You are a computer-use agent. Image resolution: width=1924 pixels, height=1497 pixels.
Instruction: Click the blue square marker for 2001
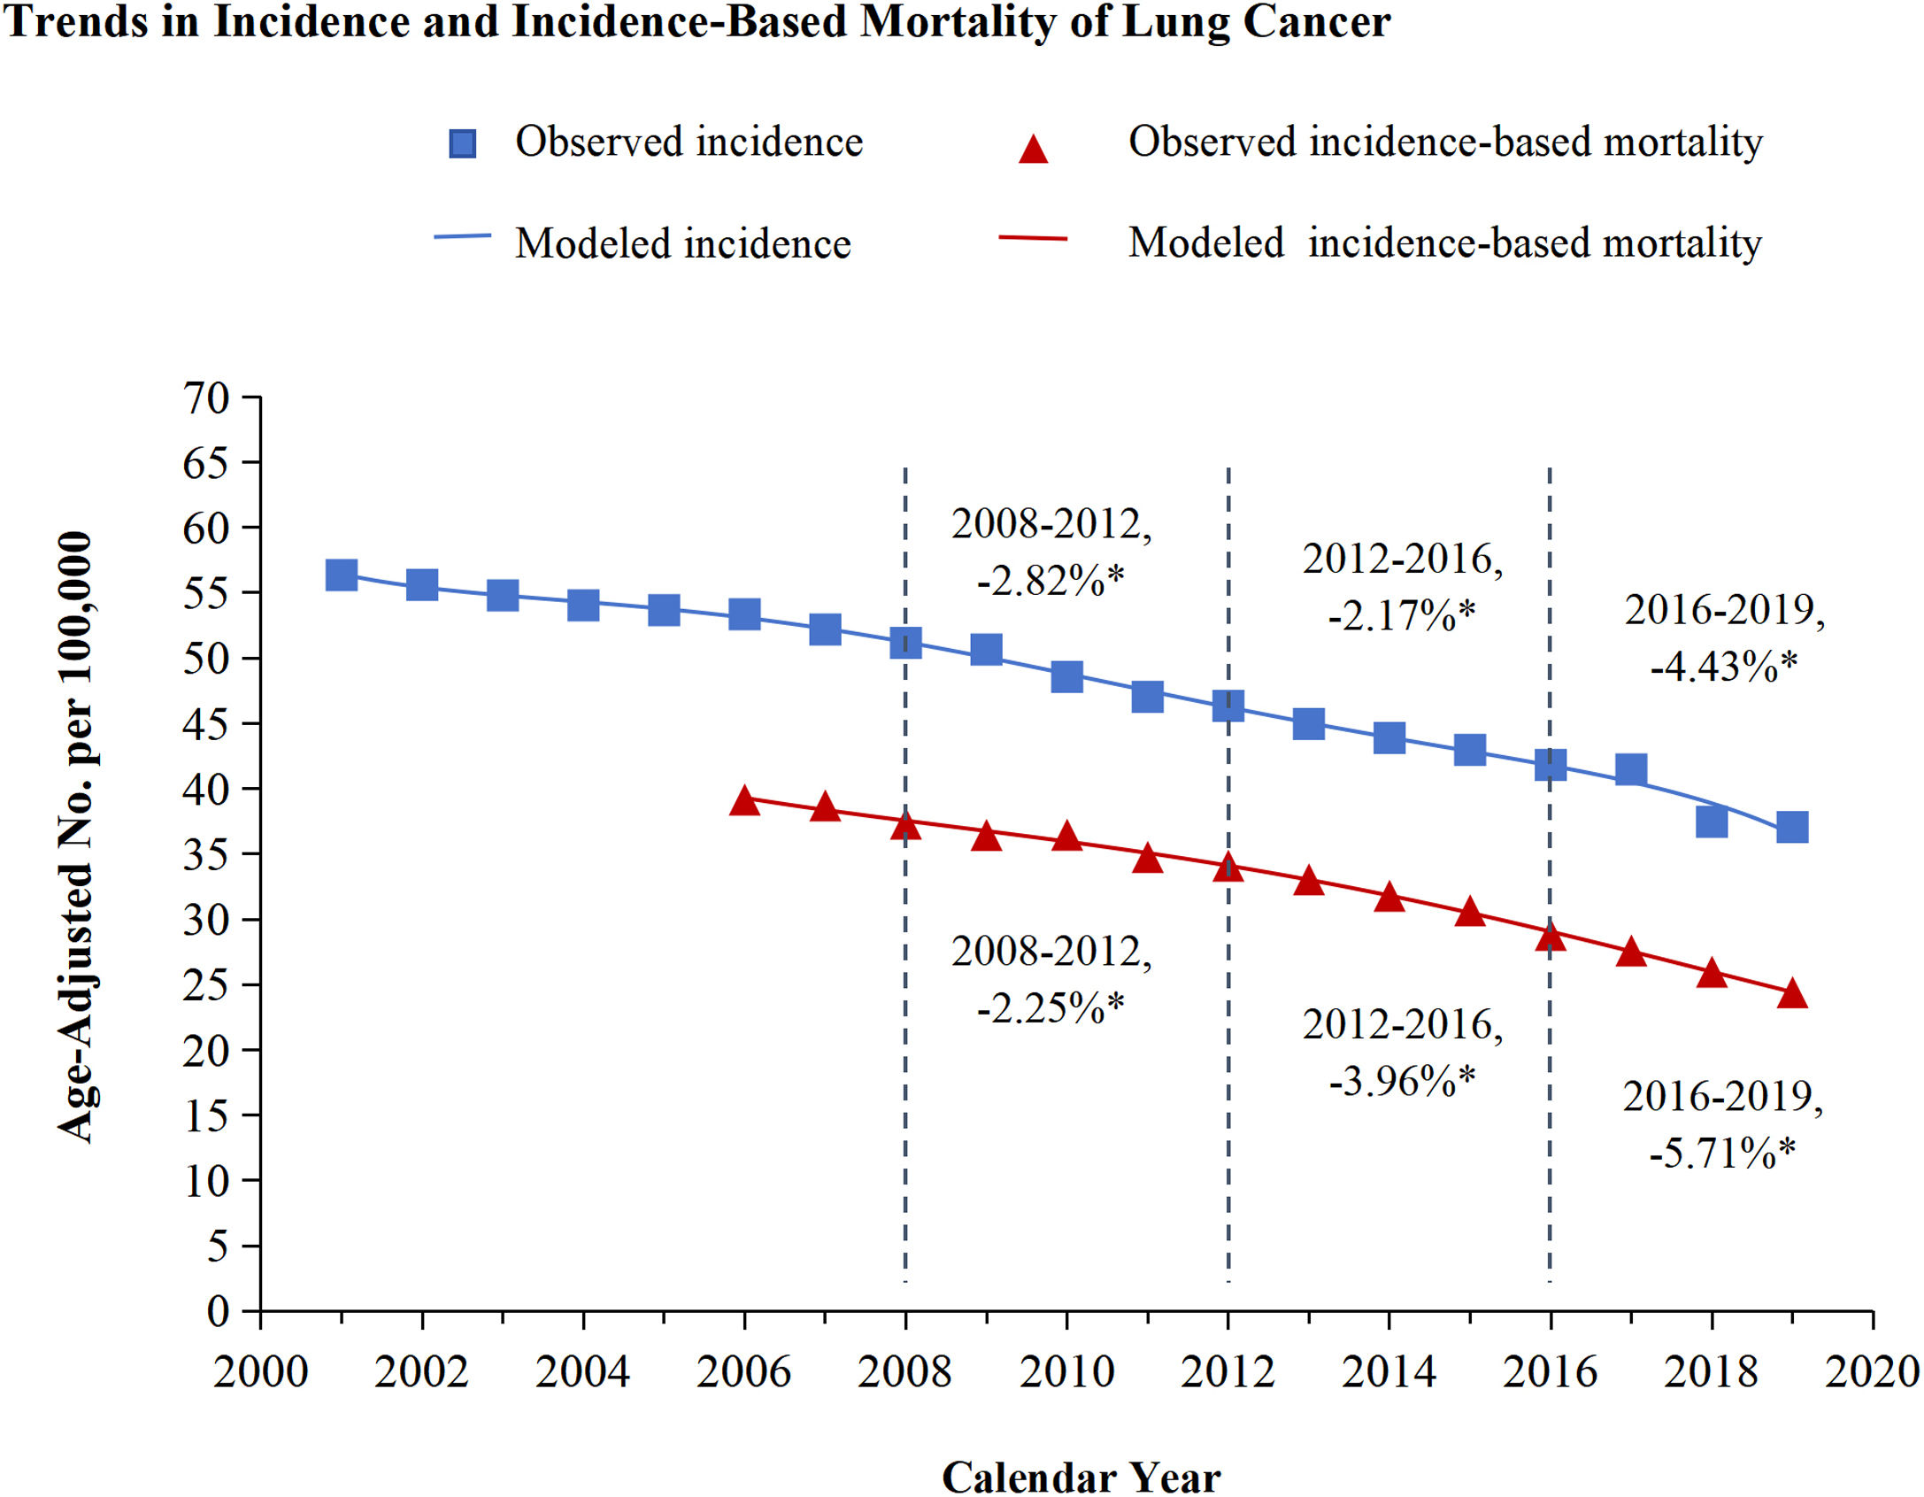coord(342,575)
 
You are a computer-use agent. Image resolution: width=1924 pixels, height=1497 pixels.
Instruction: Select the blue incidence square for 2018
coord(1712,822)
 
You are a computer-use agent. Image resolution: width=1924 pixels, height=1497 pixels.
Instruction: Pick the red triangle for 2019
coord(1792,994)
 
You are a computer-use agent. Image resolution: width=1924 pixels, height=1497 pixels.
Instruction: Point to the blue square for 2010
coord(1066,677)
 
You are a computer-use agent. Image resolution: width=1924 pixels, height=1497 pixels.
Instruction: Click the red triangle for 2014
coord(1389,898)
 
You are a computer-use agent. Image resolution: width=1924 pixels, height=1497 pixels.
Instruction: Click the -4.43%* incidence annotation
coord(1723,666)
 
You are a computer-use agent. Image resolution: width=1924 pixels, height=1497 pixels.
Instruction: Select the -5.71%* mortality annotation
coord(1722,1153)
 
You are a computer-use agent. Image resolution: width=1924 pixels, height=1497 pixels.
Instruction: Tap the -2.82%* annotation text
coord(1051,580)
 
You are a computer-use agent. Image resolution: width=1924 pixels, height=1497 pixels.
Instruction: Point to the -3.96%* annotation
coord(1402,1080)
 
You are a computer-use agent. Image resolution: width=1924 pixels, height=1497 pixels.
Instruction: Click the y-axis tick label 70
coord(205,398)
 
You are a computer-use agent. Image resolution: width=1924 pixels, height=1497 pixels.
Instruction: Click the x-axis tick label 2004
coord(582,1372)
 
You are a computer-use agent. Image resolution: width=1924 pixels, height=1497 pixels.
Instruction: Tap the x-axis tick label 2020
coord(1871,1372)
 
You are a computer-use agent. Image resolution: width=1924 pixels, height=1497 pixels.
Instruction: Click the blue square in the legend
coord(462,143)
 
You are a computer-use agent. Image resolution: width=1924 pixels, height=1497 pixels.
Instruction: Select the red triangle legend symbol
coord(1033,150)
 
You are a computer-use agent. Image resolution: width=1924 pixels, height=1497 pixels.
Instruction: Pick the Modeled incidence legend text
coord(682,243)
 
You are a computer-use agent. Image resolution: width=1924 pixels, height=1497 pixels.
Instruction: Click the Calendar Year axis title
coord(1081,1477)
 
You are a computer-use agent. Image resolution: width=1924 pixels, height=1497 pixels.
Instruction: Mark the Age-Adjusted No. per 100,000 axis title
coord(76,837)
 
